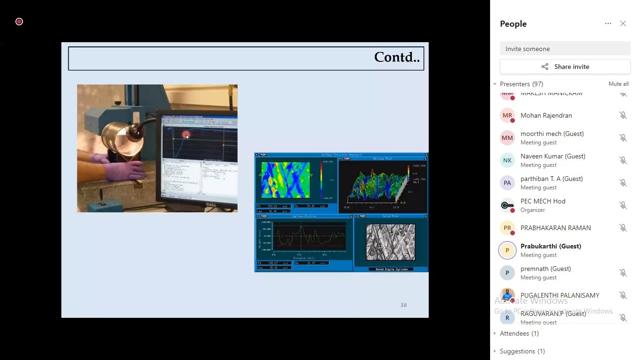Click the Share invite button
click(x=565, y=67)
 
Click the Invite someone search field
click(x=565, y=49)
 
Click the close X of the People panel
click(x=623, y=23)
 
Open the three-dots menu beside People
click(x=608, y=23)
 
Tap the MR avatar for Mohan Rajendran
click(x=507, y=115)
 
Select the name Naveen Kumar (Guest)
click(x=553, y=156)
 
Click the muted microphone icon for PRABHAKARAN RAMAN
click(x=623, y=228)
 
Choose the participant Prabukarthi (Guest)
click(x=551, y=246)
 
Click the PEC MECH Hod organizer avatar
click(x=507, y=205)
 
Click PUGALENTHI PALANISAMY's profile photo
click(x=507, y=295)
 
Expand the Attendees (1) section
click(x=519, y=333)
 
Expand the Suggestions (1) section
click(x=522, y=351)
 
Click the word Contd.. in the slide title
click(x=396, y=58)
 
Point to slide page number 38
click(x=403, y=305)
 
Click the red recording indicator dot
click(x=19, y=22)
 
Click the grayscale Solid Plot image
click(x=390, y=242)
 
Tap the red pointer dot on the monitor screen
click(x=186, y=135)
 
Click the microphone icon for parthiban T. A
click(x=623, y=183)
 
